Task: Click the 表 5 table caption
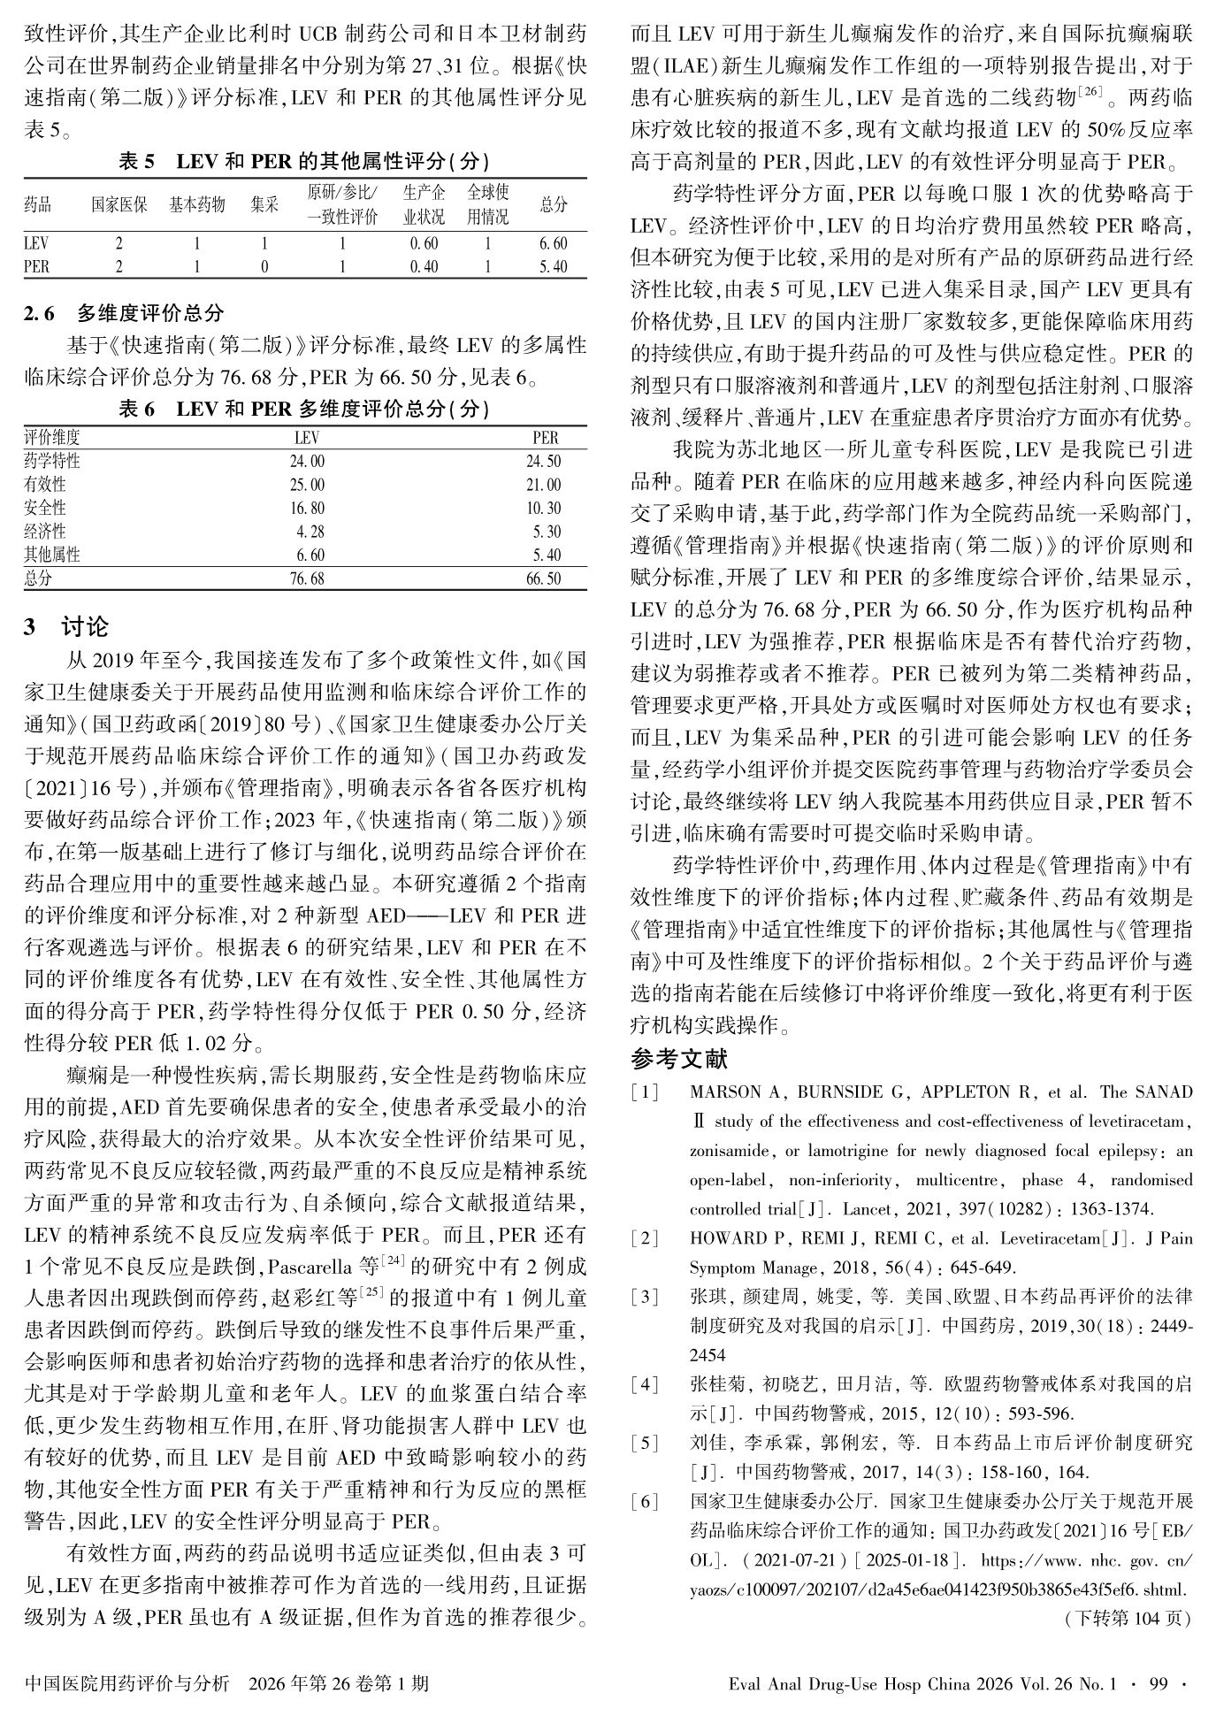tap(304, 161)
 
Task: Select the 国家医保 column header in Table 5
tap(119, 205)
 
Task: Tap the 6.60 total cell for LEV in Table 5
tap(553, 243)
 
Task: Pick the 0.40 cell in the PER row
tap(424, 266)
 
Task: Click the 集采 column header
tap(264, 205)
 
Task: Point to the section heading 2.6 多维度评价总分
tap(124, 312)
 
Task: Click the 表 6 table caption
tap(304, 409)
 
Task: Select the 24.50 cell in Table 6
tap(543, 461)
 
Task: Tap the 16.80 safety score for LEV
tap(307, 508)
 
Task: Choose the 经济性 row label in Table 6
tap(45, 532)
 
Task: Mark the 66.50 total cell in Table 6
tap(543, 578)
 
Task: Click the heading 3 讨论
tap(66, 627)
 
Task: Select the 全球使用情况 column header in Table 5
tap(488, 205)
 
